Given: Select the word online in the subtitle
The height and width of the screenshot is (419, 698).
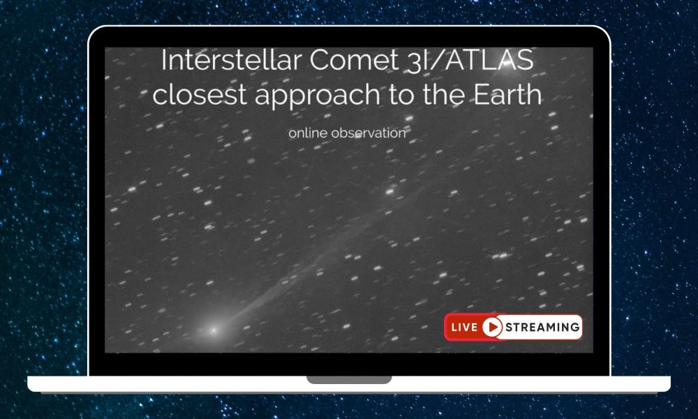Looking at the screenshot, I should pos(309,132).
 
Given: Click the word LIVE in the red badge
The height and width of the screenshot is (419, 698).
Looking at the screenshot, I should pos(464,327).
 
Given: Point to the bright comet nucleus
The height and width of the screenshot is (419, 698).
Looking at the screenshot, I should pos(214,329).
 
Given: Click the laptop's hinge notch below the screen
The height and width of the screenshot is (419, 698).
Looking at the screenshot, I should pos(349,380).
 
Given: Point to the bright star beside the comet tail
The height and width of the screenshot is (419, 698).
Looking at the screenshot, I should pos(390,191).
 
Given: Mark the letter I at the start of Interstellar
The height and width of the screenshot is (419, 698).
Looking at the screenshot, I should pos(165,61).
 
